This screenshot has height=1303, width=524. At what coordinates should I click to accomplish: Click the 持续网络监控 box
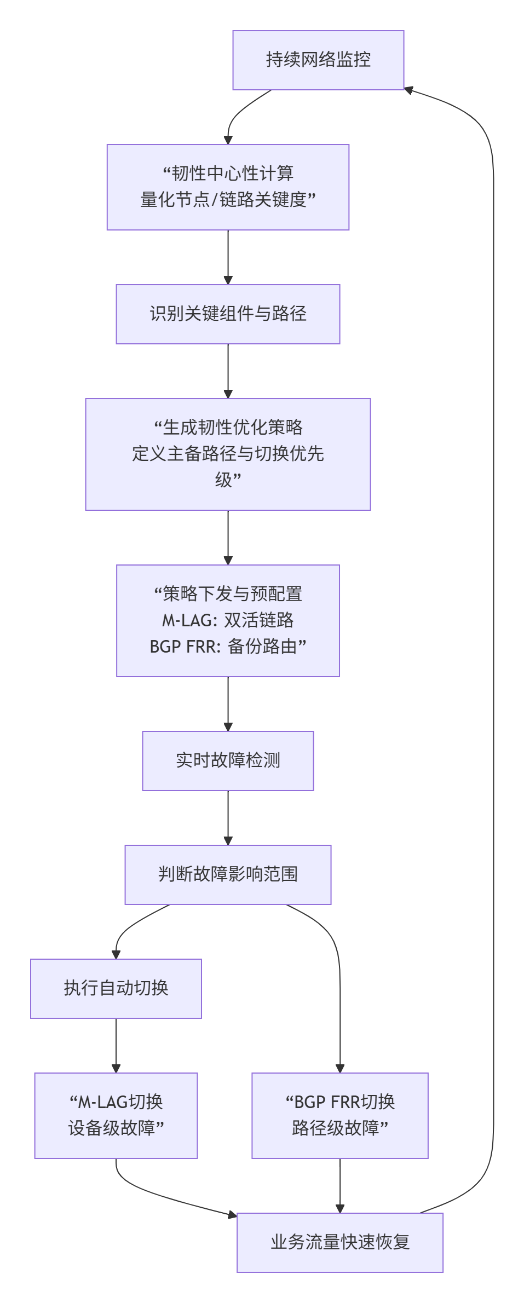pos(318,60)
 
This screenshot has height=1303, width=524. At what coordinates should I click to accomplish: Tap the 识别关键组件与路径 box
pos(228,314)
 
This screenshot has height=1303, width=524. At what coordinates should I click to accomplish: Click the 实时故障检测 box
pos(228,760)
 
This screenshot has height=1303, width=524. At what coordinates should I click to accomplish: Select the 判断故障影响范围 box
pos(228,874)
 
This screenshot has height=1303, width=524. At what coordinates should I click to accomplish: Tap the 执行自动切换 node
pos(116,988)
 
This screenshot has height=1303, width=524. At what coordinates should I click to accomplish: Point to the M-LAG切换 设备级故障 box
pos(116,1115)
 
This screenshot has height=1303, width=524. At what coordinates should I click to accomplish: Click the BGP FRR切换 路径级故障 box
pos(340,1115)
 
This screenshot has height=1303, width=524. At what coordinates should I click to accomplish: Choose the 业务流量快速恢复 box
pos(340,1242)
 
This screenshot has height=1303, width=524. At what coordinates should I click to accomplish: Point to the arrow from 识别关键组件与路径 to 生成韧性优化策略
pos(228,371)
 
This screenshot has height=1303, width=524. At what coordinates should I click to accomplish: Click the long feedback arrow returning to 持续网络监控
pos(493,657)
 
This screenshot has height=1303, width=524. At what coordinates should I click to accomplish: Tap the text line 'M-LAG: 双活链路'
pos(228,620)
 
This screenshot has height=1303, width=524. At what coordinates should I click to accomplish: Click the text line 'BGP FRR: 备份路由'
pos(228,647)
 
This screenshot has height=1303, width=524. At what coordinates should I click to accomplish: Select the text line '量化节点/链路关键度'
pos(228,200)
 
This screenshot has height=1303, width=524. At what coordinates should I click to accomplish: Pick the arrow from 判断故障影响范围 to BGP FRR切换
pos(339,985)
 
